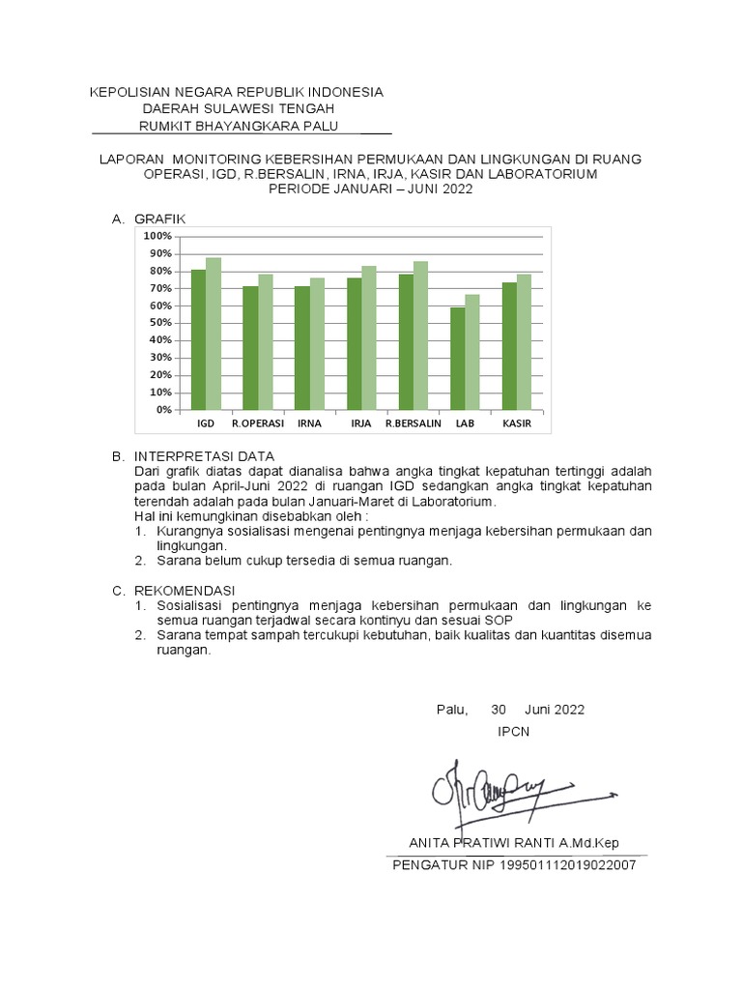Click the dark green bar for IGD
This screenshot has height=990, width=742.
click(198, 339)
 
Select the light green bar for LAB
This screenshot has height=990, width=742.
click(472, 352)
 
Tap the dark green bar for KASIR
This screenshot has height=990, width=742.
click(509, 345)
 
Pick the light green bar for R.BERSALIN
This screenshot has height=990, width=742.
click(420, 335)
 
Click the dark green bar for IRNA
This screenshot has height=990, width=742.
click(302, 347)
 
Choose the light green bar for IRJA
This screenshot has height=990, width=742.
click(369, 337)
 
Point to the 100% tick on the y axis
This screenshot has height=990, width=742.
click(157, 236)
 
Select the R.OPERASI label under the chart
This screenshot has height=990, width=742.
click(258, 423)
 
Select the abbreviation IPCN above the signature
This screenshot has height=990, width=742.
click(513, 731)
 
